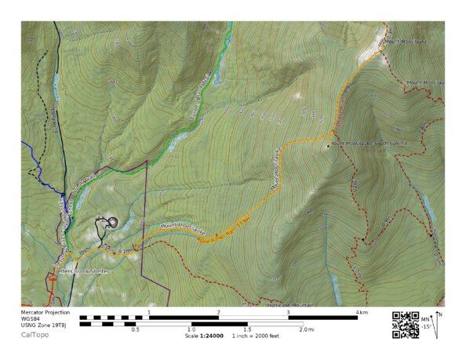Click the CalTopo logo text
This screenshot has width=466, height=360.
pos(34,335)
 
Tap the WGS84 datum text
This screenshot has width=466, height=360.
pos(31,319)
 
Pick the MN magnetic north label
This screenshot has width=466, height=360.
pos(426,318)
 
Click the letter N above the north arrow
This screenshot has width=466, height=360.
pos(440,314)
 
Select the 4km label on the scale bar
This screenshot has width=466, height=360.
pos(361,313)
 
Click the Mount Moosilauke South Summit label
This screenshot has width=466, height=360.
pos(362,143)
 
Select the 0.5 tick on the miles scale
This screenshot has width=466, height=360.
pos(135,330)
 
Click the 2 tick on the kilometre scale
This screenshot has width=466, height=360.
pos(218,313)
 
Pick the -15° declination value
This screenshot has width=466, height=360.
pos(426,326)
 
